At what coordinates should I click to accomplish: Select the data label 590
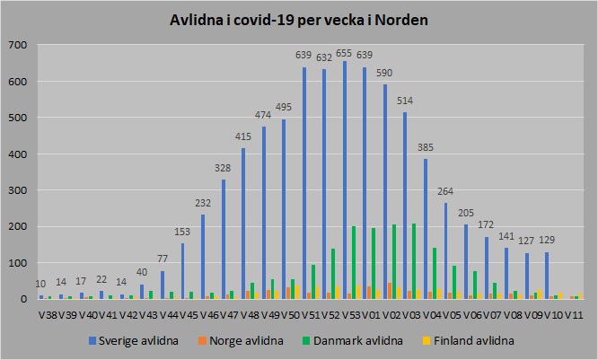383,73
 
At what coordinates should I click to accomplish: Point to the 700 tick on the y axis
17,45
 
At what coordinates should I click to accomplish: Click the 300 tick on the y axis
17,190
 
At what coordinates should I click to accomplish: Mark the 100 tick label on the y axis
17,263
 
